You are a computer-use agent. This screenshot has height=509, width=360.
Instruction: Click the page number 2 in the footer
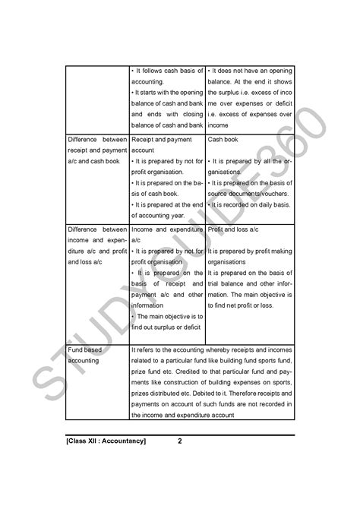coord(179,441)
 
